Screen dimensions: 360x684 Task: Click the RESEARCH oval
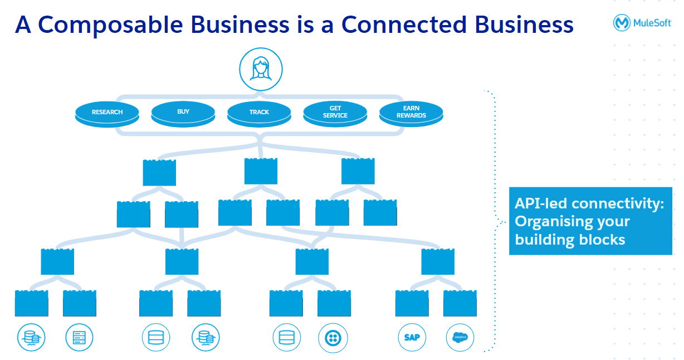107,112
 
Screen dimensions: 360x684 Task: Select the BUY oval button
183,111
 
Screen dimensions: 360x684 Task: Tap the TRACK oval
259,112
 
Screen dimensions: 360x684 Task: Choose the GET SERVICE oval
335,112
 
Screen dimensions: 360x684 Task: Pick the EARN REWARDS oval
411,112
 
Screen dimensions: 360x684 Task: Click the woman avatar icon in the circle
261,69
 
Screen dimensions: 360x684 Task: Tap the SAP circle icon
412,337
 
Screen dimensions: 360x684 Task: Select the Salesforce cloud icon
460,337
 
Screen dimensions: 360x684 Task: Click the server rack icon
79,337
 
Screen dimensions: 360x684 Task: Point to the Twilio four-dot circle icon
333,337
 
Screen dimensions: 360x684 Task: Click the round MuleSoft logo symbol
622,22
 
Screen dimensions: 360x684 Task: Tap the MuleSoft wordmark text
652,23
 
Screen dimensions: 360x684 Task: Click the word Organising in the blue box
551,222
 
